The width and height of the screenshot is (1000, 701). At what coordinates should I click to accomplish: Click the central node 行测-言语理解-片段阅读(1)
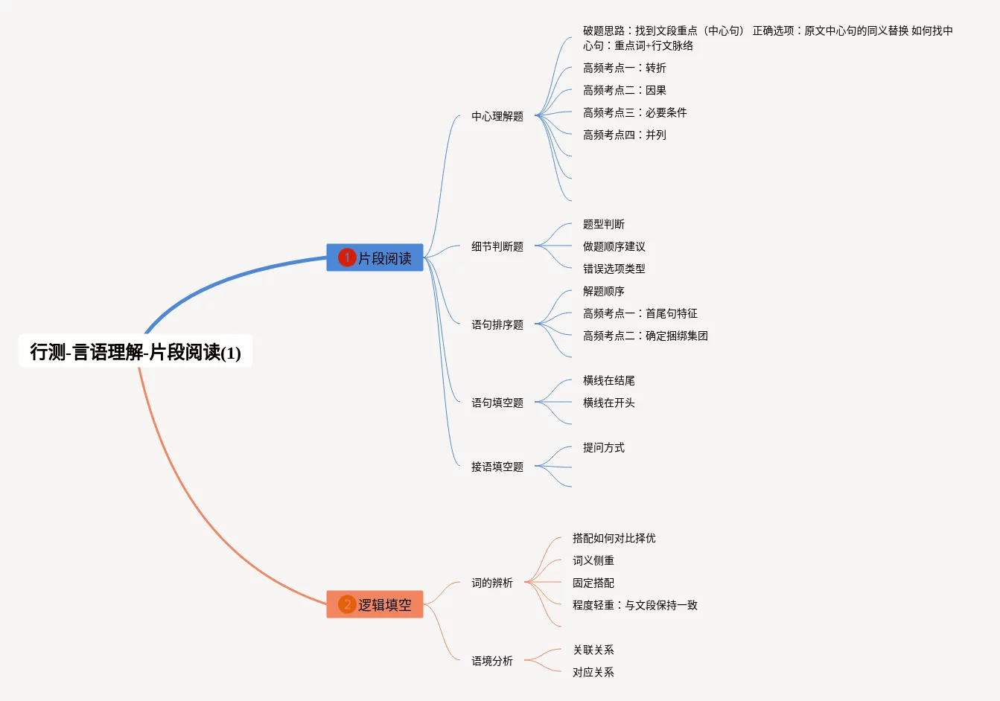pos(136,351)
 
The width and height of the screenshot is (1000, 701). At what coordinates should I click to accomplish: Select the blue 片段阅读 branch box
pos(375,257)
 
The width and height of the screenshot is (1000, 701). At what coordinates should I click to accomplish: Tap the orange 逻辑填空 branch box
pos(375,604)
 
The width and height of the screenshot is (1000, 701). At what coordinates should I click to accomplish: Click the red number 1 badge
pos(347,257)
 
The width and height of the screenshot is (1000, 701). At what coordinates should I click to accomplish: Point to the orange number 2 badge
pos(347,604)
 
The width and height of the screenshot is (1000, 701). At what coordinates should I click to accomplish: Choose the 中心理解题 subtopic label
pos(497,116)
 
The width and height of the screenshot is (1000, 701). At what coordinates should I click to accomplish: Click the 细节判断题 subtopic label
pos(497,246)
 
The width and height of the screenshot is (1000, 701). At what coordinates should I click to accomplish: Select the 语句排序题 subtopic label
pos(497,324)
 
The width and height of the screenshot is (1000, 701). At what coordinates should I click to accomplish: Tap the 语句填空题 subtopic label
pos(497,403)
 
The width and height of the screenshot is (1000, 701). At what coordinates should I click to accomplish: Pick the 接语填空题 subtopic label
pos(497,467)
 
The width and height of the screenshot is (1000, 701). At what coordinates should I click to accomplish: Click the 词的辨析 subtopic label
pos(491,583)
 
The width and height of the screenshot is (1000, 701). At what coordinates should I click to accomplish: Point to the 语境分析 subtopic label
pos(491,661)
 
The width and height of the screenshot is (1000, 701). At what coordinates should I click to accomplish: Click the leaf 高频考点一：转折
pos(624,68)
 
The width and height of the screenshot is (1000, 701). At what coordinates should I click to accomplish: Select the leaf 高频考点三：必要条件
pos(634,112)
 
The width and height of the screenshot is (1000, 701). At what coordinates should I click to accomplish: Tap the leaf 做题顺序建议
pos(614,246)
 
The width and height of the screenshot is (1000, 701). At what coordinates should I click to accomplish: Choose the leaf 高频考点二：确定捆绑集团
pos(645,336)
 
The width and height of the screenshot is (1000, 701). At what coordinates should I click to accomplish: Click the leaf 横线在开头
pos(608,403)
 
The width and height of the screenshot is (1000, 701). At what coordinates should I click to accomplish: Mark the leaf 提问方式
pos(603,447)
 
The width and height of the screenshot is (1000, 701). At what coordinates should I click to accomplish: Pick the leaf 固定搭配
pos(593,583)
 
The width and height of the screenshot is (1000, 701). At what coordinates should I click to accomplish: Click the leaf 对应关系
pos(593,672)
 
